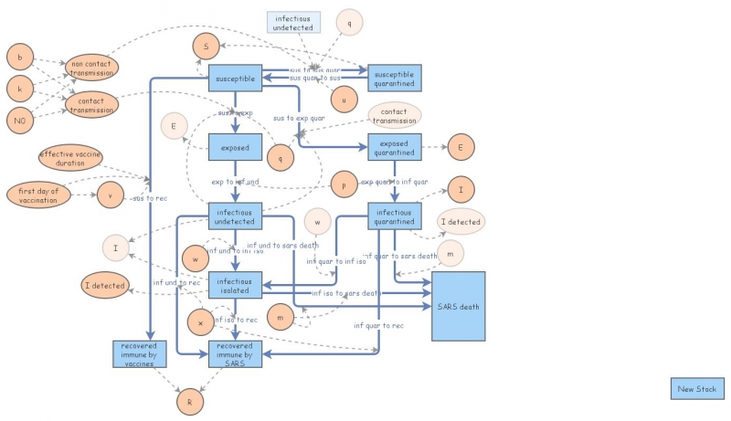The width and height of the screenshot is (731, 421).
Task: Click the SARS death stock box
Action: pyautogui.click(x=458, y=307)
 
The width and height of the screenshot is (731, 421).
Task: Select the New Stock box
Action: pyautogui.click(x=697, y=390)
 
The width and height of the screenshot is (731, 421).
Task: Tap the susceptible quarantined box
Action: pyautogui.click(x=394, y=79)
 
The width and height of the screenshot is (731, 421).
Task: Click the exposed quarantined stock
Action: pyautogui.click(x=394, y=147)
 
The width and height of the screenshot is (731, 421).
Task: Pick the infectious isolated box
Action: pyautogui.click(x=236, y=285)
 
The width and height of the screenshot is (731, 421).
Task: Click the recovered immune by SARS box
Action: pyautogui.click(x=236, y=353)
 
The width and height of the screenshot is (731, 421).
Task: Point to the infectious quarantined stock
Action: pyautogui.click(x=394, y=216)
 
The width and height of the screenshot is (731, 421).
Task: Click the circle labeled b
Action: pyautogui.click(x=20, y=56)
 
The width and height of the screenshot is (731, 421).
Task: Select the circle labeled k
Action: pyautogui.click(x=20, y=89)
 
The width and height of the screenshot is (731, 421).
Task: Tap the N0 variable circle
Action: pyautogui.click(x=20, y=121)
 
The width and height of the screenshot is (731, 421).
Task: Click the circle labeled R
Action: pyautogui.click(x=189, y=400)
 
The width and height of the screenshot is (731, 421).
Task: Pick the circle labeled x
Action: pyautogui.click(x=200, y=322)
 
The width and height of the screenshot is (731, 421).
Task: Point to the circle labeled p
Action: pyautogui.click(x=343, y=183)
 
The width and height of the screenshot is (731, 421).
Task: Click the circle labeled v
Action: pyautogui.click(x=110, y=195)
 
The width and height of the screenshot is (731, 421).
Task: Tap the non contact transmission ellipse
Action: pyautogui.click(x=91, y=68)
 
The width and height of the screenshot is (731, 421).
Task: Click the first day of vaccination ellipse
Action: pyautogui.click(x=38, y=195)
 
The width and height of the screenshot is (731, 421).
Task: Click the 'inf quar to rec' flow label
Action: pyautogui.click(x=380, y=325)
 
